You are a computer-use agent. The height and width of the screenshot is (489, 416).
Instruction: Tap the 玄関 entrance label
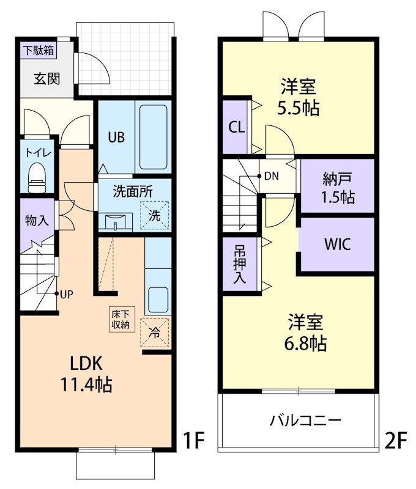(x=46, y=78)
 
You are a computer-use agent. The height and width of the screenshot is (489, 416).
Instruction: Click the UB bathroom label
(x=116, y=137)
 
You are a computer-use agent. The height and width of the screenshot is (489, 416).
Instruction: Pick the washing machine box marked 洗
(x=154, y=215)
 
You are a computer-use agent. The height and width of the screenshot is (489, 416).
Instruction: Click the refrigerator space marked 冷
(x=155, y=333)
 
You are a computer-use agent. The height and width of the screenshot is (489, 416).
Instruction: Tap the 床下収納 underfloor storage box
(x=120, y=319)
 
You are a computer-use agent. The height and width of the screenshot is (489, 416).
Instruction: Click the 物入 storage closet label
(x=37, y=221)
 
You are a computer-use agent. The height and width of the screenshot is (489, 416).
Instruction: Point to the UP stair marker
(x=65, y=294)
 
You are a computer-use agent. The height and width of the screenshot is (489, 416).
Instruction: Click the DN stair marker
(x=271, y=177)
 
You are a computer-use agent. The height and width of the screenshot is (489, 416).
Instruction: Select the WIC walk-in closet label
(x=337, y=244)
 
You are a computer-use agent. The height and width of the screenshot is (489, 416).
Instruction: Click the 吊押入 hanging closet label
(x=239, y=264)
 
